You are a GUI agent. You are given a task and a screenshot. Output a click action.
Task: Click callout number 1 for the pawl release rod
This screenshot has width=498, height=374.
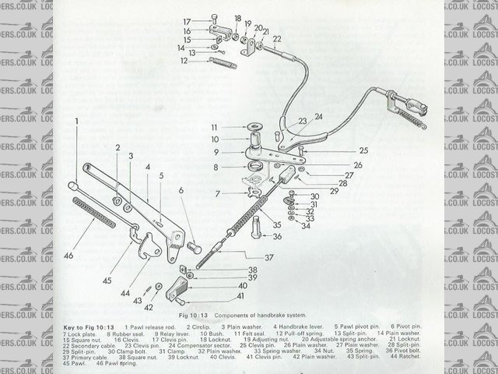tap(78, 122)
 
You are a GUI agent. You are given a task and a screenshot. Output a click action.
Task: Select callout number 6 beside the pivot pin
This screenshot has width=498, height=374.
tap(181, 190)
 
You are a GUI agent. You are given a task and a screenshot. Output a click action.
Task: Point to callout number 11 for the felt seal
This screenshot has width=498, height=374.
tap(212, 127)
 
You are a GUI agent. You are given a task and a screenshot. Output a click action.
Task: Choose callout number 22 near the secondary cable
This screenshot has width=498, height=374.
tap(277, 37)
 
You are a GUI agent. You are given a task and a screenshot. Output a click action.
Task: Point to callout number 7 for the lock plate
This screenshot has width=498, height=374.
tap(219, 192)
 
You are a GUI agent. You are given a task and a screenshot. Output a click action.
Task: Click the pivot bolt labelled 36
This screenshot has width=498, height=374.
tap(258, 228)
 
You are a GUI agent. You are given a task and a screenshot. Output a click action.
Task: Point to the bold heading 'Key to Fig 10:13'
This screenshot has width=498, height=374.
tap(89, 325)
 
